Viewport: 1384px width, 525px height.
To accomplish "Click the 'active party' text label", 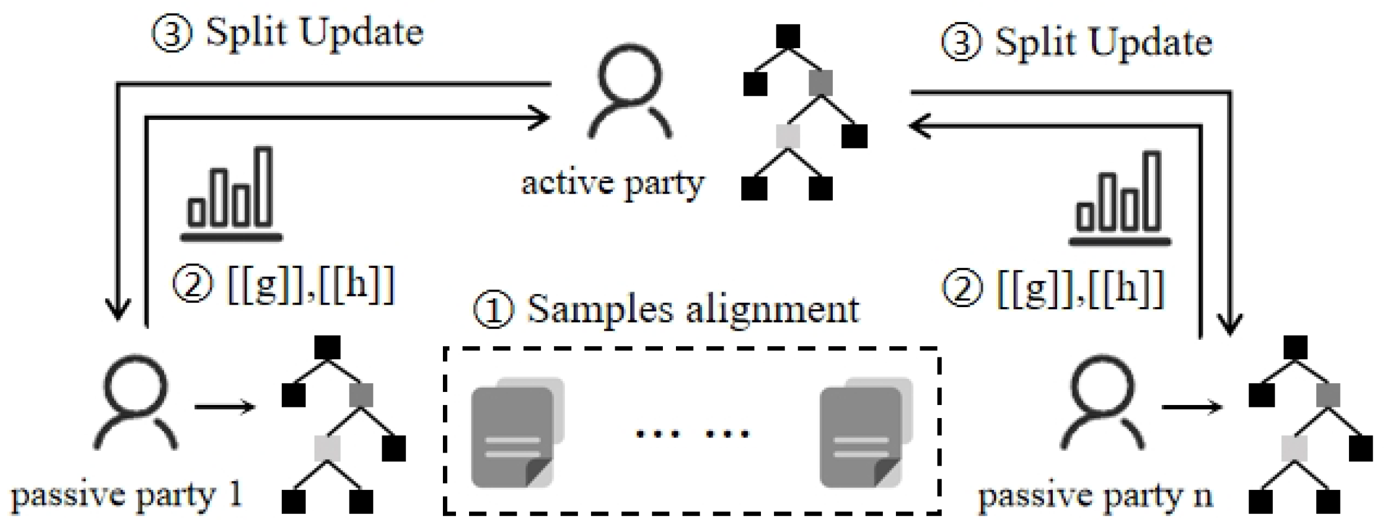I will [x=612, y=182].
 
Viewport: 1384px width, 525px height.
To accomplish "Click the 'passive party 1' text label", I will [x=127, y=495].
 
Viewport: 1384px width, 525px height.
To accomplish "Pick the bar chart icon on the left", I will [x=231, y=194].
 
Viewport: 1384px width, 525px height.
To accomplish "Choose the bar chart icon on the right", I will [x=1119, y=199].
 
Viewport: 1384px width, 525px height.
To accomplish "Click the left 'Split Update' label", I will [x=288, y=33].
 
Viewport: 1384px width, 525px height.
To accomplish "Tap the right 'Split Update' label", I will [x=1076, y=43].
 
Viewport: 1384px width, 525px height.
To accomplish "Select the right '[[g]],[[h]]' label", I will [x=1053, y=289].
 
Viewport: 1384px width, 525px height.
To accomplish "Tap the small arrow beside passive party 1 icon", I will [x=224, y=407].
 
